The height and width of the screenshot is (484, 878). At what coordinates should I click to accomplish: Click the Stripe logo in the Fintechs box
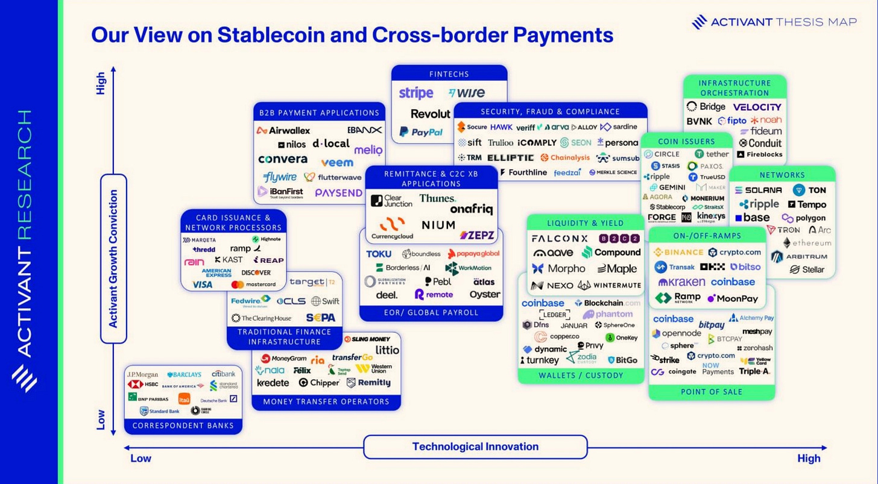pos(416,93)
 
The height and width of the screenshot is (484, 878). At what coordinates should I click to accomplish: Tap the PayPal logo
pos(421,132)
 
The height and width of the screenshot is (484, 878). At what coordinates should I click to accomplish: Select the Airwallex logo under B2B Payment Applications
pos(283,130)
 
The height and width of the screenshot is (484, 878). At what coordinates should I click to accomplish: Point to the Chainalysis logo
pos(565,157)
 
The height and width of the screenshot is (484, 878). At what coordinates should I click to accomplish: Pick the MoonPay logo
pos(732,298)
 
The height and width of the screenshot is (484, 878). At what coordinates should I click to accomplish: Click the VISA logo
pos(203,284)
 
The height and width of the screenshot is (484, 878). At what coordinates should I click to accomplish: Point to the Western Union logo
pos(374,368)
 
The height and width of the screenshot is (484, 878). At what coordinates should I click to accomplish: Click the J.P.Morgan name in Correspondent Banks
pos(143,374)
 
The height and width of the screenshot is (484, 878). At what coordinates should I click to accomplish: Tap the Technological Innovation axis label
pos(475,447)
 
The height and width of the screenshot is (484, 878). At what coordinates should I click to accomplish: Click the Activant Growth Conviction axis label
pos(113,259)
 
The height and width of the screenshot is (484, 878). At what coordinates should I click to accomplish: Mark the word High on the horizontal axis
pos(809,458)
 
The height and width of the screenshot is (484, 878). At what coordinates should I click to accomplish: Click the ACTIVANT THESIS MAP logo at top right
pos(774,22)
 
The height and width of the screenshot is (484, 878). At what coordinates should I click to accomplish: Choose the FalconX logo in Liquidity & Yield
pos(560,238)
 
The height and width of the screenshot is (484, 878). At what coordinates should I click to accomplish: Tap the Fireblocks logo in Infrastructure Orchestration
pos(760,154)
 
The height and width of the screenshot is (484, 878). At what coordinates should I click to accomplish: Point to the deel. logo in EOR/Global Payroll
pos(387,295)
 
